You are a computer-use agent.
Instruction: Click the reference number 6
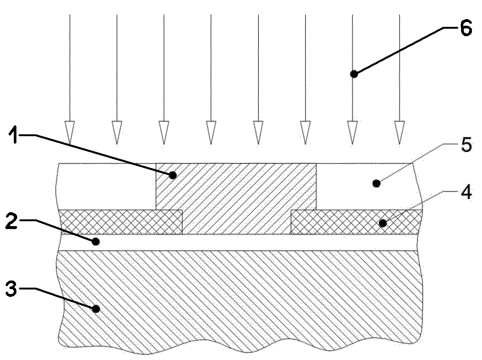(x=465, y=29)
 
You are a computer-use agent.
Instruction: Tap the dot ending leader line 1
(x=173, y=175)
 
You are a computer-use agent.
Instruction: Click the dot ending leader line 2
(x=96, y=241)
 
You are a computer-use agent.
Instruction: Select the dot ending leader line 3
(x=96, y=309)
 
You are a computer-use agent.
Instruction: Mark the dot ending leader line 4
(x=382, y=223)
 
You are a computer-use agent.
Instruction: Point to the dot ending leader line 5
(x=377, y=183)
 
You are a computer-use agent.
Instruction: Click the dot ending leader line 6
(x=354, y=74)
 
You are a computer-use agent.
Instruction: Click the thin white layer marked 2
(x=239, y=242)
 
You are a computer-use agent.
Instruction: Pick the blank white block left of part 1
(x=107, y=186)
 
